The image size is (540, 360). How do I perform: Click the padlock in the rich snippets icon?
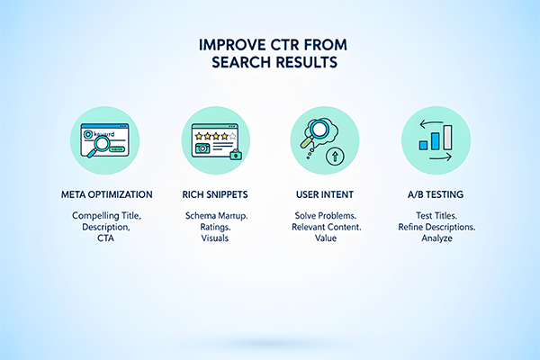pos(236,155)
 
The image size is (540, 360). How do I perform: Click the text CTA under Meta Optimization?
pos(112,240)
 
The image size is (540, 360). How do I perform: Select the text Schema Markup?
pos(217,217)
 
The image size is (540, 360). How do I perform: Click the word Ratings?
pos(217,229)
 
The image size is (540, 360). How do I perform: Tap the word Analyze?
pos(428,240)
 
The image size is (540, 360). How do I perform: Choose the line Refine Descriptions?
pos(428,229)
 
